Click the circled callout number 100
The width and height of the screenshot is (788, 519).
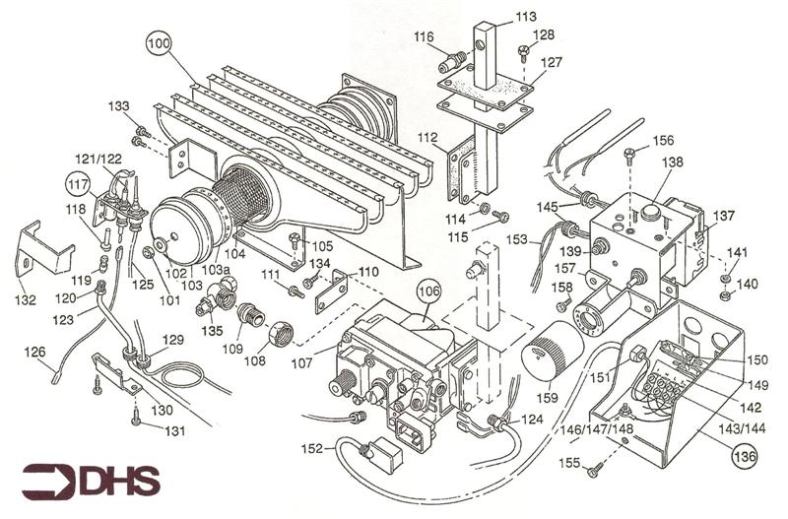click(159, 43)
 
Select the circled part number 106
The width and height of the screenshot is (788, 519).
click(427, 291)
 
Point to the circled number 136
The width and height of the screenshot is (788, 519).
click(744, 455)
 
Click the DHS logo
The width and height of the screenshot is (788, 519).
click(94, 481)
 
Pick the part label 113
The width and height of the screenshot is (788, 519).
click(526, 17)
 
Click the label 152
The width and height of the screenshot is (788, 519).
click(312, 449)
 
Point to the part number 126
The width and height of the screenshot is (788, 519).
click(34, 352)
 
